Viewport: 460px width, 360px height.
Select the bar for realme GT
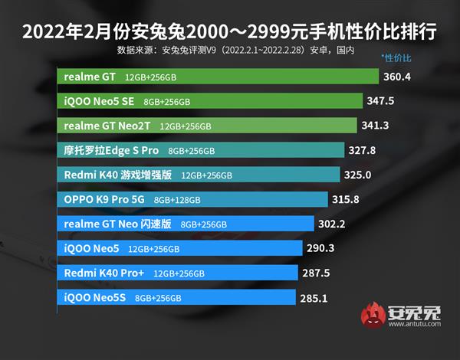tap(219, 77)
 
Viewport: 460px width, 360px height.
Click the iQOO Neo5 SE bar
tap(210, 101)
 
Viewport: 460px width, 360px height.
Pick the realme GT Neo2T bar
tap(207, 126)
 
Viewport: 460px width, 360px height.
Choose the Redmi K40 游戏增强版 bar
tap(199, 175)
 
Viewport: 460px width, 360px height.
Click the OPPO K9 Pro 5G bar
tap(195, 199)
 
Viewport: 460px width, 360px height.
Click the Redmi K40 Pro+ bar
tap(177, 273)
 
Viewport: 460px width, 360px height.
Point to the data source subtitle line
tap(230, 51)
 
